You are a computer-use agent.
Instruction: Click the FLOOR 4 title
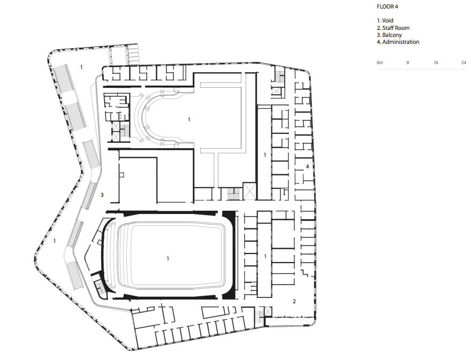click(x=388, y=7)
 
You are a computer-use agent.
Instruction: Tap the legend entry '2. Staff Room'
click(x=393, y=28)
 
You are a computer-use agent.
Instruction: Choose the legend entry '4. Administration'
click(x=398, y=42)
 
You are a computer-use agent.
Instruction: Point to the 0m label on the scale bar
click(x=380, y=63)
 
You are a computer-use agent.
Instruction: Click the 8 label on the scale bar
click(x=408, y=63)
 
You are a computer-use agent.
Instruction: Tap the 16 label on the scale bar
click(x=436, y=63)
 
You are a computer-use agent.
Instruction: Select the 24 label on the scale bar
click(x=463, y=63)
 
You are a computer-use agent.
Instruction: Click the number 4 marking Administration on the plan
click(x=307, y=167)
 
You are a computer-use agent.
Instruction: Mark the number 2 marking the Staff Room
click(x=294, y=301)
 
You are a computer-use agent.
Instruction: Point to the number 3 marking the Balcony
click(x=102, y=195)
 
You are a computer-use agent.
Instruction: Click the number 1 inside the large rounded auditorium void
click(x=168, y=258)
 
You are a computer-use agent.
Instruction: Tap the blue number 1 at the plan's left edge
click(x=55, y=241)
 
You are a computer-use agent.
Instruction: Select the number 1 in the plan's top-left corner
click(x=81, y=67)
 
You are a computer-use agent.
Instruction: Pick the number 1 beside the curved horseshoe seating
click(x=189, y=119)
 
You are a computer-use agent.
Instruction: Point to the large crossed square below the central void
click(x=249, y=191)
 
